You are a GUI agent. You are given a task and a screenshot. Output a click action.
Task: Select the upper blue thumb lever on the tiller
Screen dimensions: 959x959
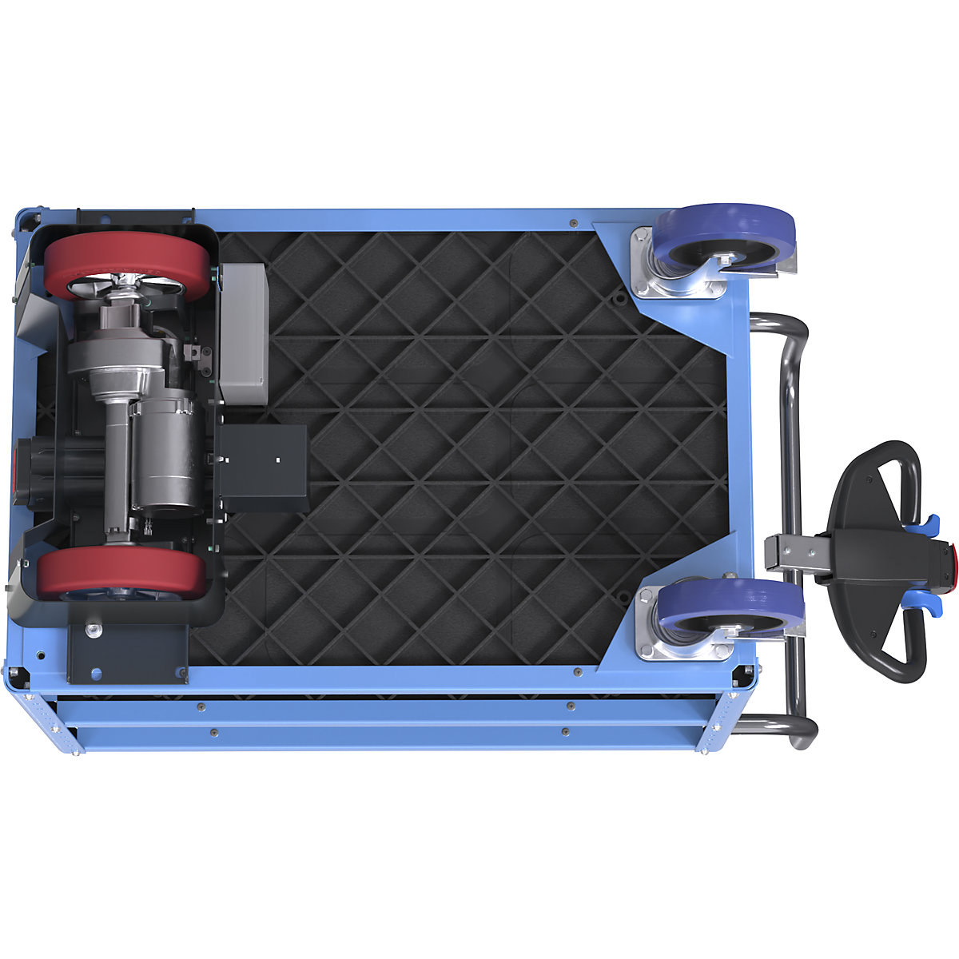click(x=927, y=525)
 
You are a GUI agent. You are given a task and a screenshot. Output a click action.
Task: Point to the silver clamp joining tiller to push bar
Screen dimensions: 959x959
click(x=791, y=553)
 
